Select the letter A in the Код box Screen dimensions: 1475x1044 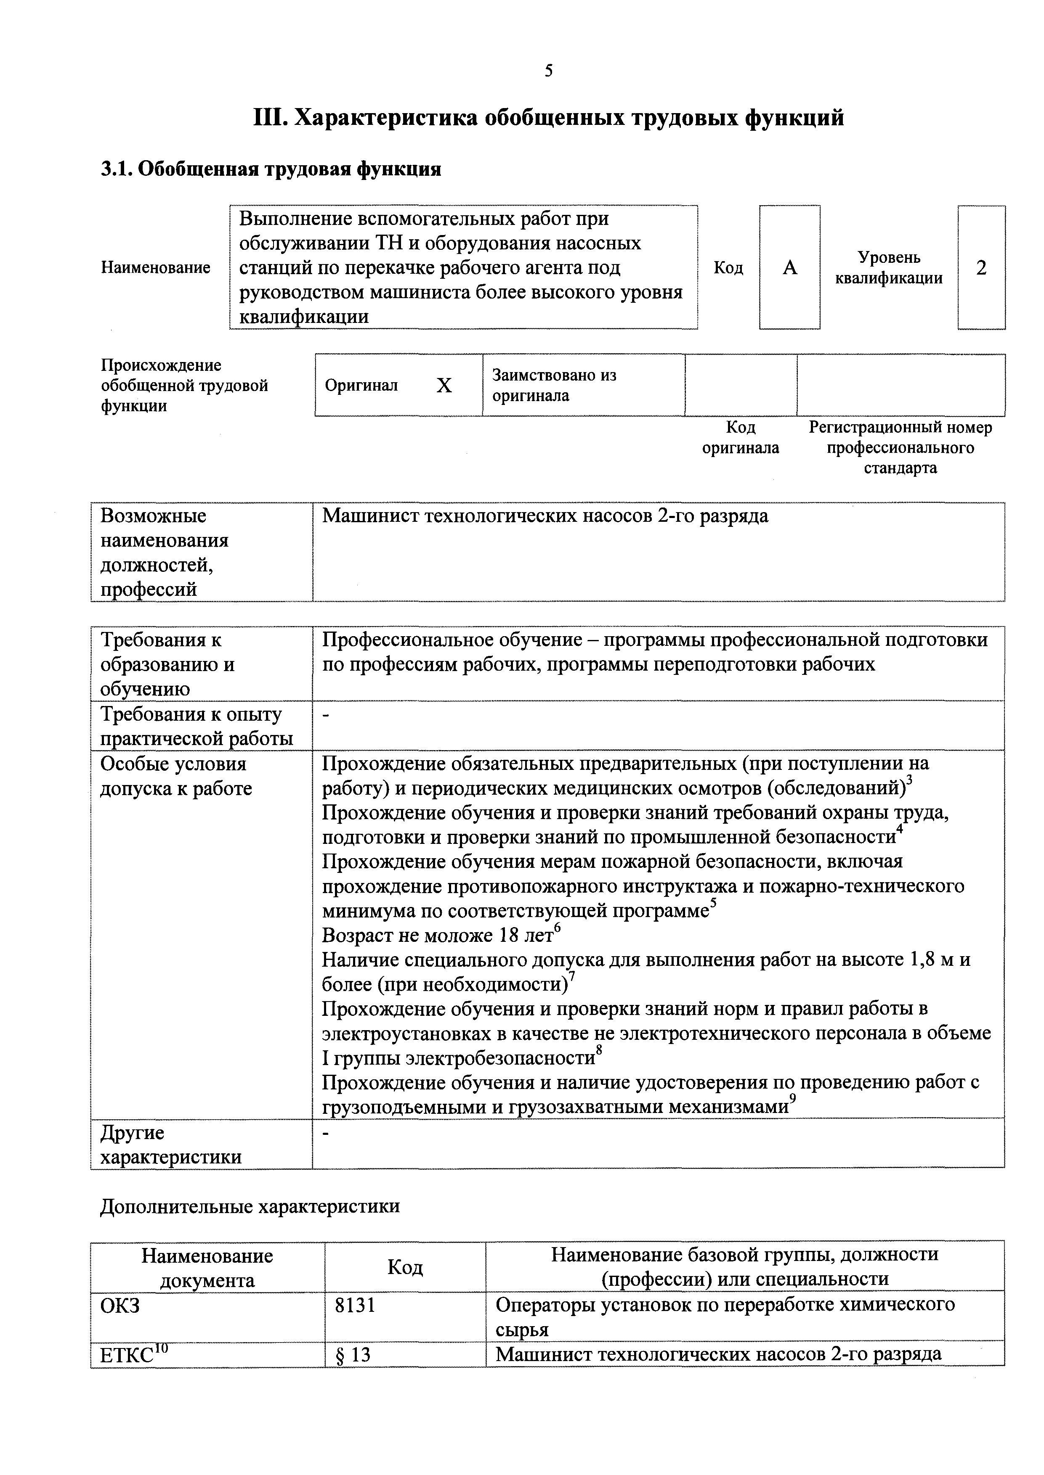789,268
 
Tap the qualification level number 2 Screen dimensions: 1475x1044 981,268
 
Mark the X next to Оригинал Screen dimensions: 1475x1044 444,386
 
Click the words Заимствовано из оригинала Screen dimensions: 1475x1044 554,386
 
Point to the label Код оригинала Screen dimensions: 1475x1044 741,437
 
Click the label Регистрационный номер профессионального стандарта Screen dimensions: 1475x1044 900,448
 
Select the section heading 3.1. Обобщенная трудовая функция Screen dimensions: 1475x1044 271,169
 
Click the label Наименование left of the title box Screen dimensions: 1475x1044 156,268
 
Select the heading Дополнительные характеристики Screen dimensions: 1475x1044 250,1206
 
